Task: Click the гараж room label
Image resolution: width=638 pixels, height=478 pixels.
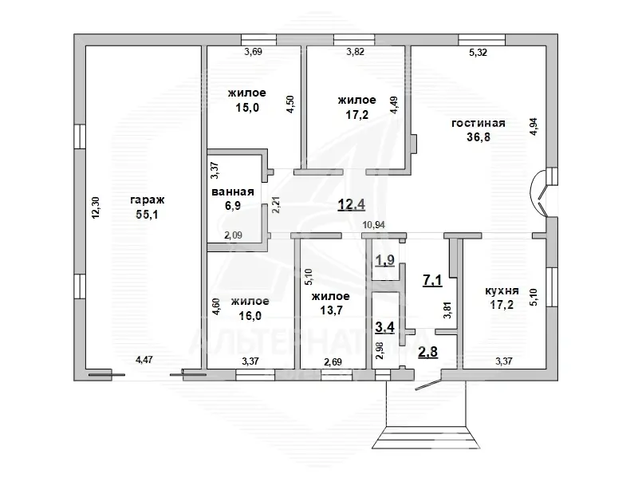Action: [148, 200]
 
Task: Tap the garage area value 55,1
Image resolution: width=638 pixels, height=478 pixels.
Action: [147, 214]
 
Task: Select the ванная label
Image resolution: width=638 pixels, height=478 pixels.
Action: [233, 192]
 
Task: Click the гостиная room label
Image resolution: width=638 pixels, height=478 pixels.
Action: [478, 123]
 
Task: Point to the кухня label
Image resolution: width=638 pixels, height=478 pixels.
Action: [502, 290]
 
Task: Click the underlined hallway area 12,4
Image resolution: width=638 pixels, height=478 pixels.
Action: [352, 204]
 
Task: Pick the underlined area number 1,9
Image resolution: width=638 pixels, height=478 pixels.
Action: [385, 260]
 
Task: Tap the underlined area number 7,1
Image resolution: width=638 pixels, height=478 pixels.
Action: [432, 280]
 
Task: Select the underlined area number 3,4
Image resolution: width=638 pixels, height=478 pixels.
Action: [385, 326]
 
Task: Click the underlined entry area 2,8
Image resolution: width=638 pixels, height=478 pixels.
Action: [428, 351]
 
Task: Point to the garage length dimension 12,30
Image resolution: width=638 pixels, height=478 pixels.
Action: [96, 207]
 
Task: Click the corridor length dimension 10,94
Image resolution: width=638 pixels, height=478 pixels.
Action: [374, 225]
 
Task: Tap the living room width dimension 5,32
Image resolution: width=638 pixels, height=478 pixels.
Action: [478, 52]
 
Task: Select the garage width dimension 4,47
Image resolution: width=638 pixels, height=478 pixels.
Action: [144, 360]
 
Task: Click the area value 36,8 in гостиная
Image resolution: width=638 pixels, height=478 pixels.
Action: [478, 136]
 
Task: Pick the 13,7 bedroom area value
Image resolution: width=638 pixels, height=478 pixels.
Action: [331, 310]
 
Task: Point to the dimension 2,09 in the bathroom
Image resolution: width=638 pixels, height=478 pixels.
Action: [234, 235]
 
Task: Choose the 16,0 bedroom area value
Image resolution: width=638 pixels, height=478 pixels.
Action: [250, 315]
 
